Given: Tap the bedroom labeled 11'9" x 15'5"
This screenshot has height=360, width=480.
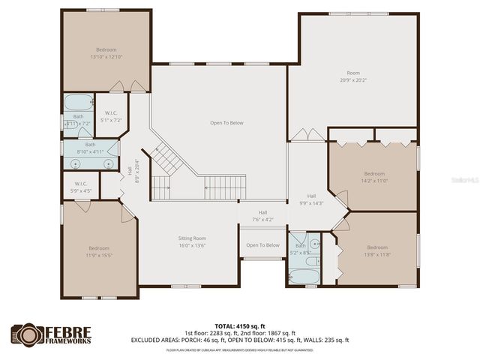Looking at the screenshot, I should tap(99, 252).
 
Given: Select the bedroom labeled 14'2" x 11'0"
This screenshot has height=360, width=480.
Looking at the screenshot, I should tap(373, 177).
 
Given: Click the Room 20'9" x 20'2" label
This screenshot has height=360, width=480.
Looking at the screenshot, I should tap(353, 76).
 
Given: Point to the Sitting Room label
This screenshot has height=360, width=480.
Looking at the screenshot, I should tap(192, 241).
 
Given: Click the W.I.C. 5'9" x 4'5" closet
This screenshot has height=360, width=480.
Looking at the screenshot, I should tap(82, 187).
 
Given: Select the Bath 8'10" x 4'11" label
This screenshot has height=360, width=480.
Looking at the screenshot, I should tap(90, 148).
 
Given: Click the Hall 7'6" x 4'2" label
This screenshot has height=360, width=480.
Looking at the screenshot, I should tap(263, 216).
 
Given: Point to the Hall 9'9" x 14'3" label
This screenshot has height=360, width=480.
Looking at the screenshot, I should tap(311, 199).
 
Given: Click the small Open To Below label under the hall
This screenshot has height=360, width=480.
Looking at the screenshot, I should tap(263, 245).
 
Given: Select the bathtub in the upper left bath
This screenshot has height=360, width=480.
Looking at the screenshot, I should tap(76, 104).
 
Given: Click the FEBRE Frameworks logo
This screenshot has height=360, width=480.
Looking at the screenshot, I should tap(52, 335).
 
